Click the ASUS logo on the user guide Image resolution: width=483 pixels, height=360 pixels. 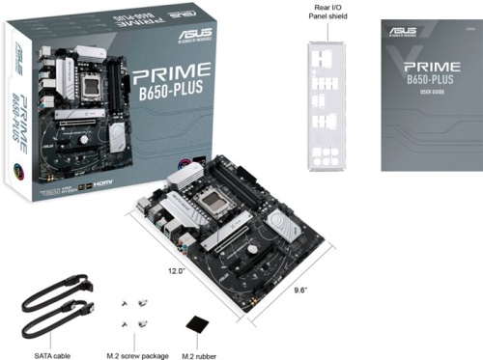point(404,32)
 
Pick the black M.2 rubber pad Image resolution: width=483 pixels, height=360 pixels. point(198,326)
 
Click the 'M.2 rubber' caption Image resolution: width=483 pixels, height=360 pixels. point(201,352)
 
